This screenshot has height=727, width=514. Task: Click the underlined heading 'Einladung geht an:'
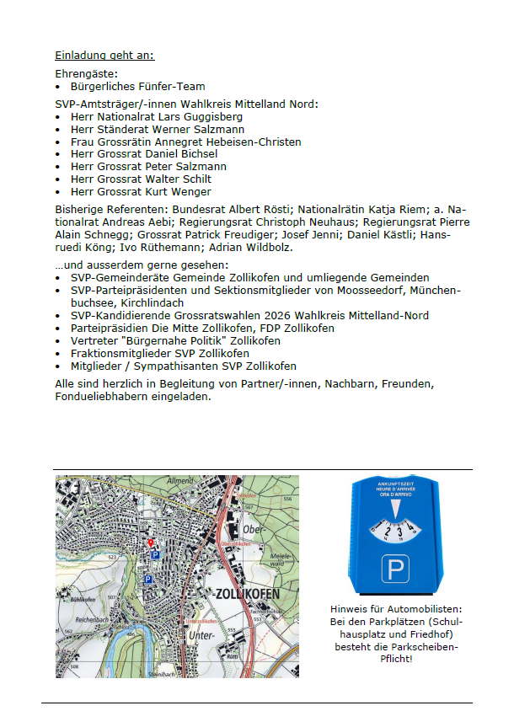tap(104, 56)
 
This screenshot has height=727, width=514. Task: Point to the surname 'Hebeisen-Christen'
tap(256, 142)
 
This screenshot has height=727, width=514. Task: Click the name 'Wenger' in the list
tap(192, 191)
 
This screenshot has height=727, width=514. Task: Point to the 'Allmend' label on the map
tap(179, 479)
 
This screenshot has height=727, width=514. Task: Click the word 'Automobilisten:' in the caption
tap(423, 608)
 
